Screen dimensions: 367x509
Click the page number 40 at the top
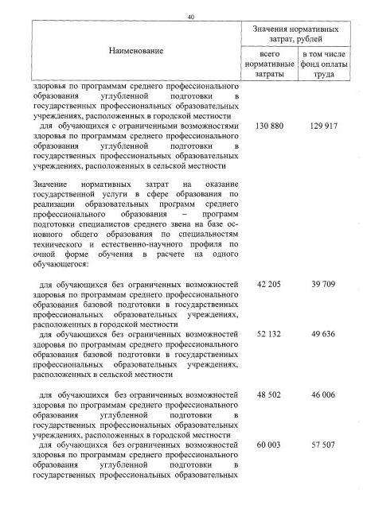[190, 17]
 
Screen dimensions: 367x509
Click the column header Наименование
[135, 51]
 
